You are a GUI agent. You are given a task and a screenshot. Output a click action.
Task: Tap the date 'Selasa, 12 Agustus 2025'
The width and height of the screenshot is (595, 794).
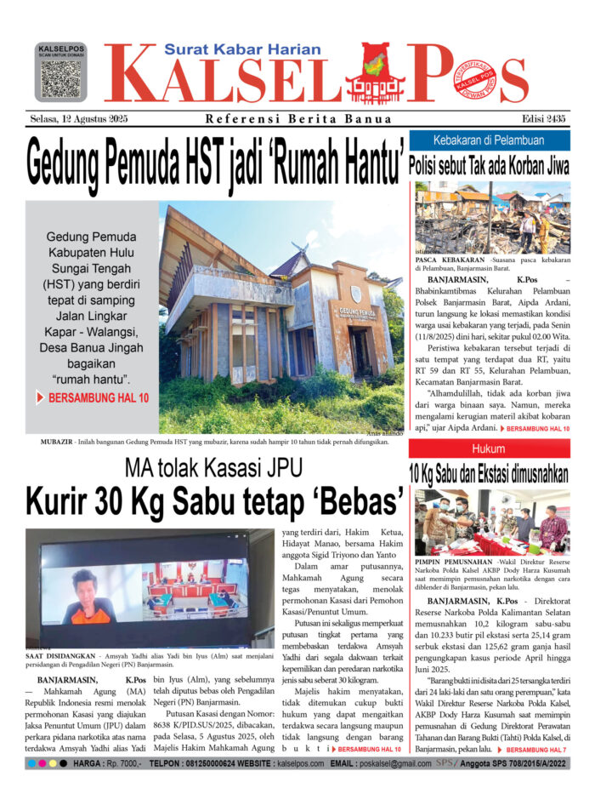point(77,118)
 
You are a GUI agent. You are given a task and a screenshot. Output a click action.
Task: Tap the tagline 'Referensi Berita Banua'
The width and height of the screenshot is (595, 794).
point(298,119)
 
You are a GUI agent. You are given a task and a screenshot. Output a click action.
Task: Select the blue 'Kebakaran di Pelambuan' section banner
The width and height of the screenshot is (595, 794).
point(489,140)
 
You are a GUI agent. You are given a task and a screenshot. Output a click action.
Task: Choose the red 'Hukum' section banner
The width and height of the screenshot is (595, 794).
point(489,448)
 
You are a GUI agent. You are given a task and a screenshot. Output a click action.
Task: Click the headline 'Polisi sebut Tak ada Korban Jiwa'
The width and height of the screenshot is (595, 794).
point(489,165)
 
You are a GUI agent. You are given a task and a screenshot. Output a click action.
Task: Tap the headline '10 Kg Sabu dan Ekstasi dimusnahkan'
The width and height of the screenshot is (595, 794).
point(489,473)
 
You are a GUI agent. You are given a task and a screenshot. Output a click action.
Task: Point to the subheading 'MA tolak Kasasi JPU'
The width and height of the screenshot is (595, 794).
point(214,467)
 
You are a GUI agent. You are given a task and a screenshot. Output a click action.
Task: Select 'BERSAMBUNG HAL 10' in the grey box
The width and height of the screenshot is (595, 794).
point(93,397)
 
